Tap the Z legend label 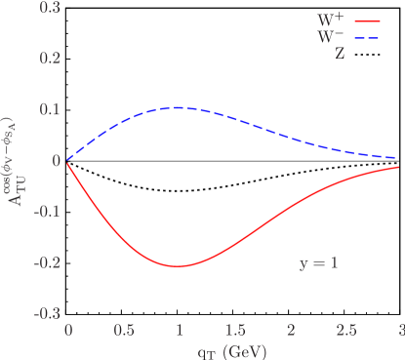point(340,55)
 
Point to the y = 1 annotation point(318,262)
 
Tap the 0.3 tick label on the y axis point(50,7)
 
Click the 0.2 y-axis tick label point(50,58)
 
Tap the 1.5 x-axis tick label point(234,330)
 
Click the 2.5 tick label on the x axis point(346,330)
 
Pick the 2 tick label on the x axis point(291,330)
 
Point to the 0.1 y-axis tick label point(50,109)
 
